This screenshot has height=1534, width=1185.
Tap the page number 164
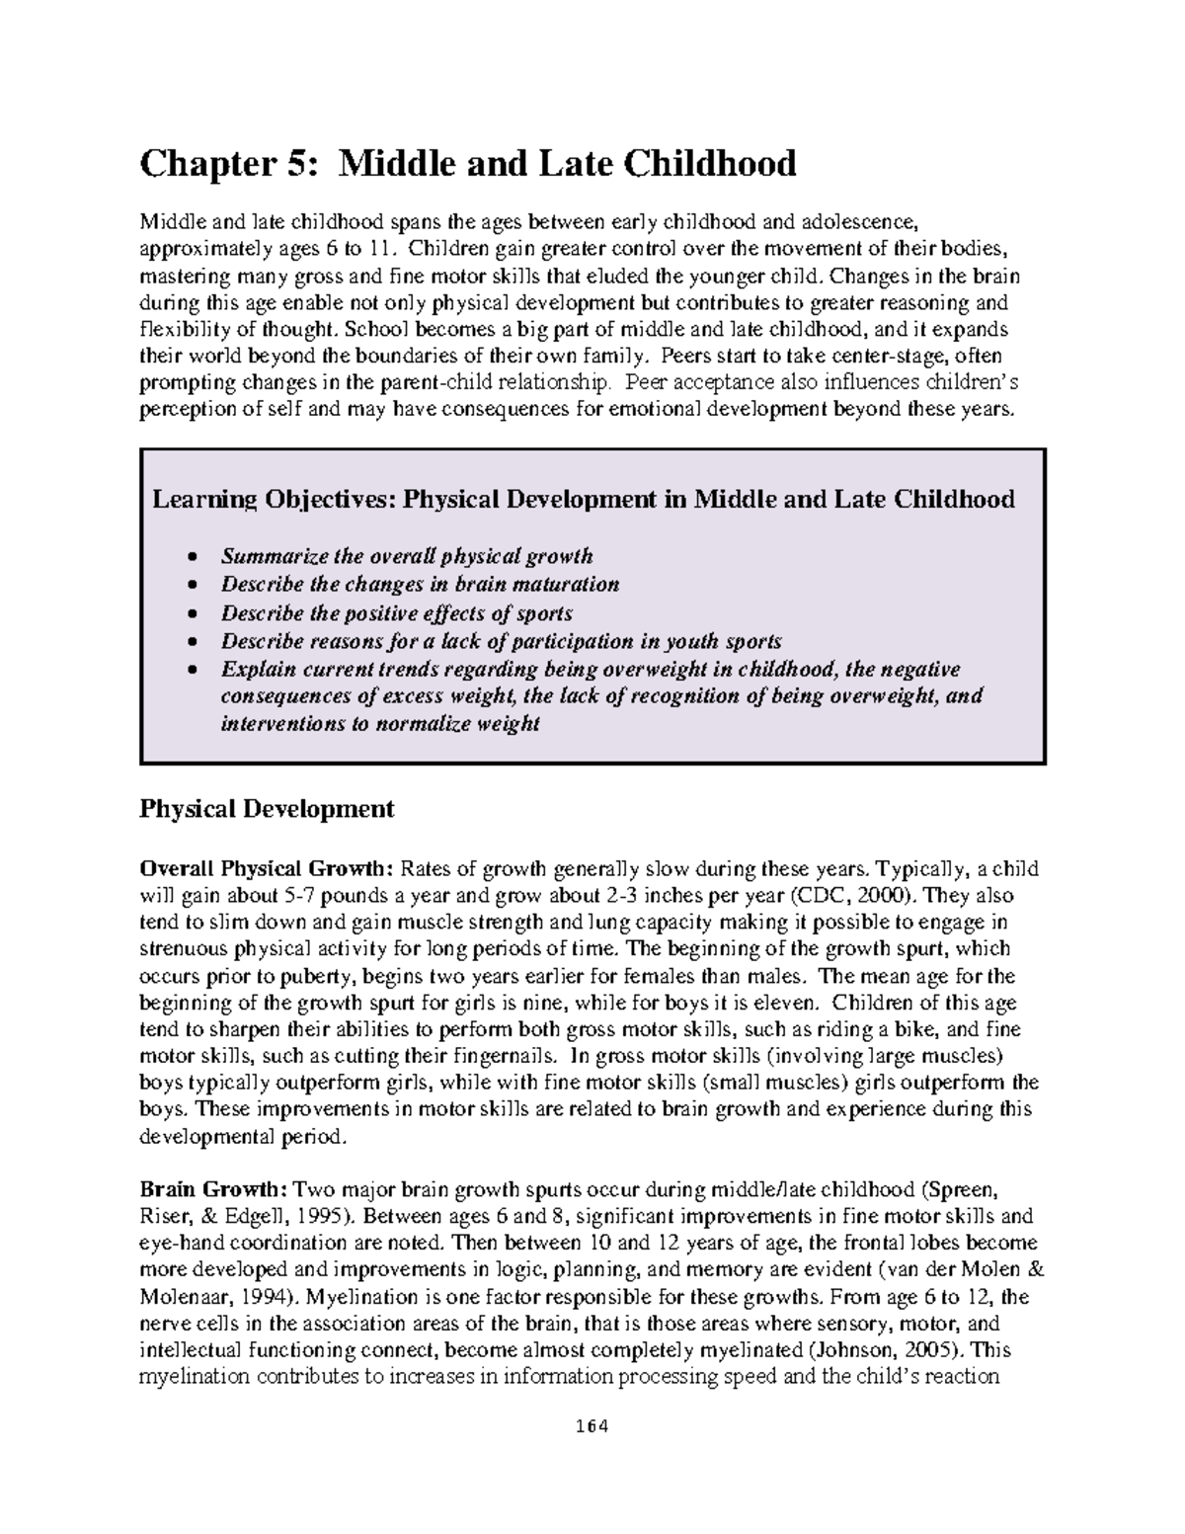(x=592, y=1426)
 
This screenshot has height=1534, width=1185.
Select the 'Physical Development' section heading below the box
(x=267, y=810)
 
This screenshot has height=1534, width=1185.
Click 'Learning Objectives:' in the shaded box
(x=272, y=500)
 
